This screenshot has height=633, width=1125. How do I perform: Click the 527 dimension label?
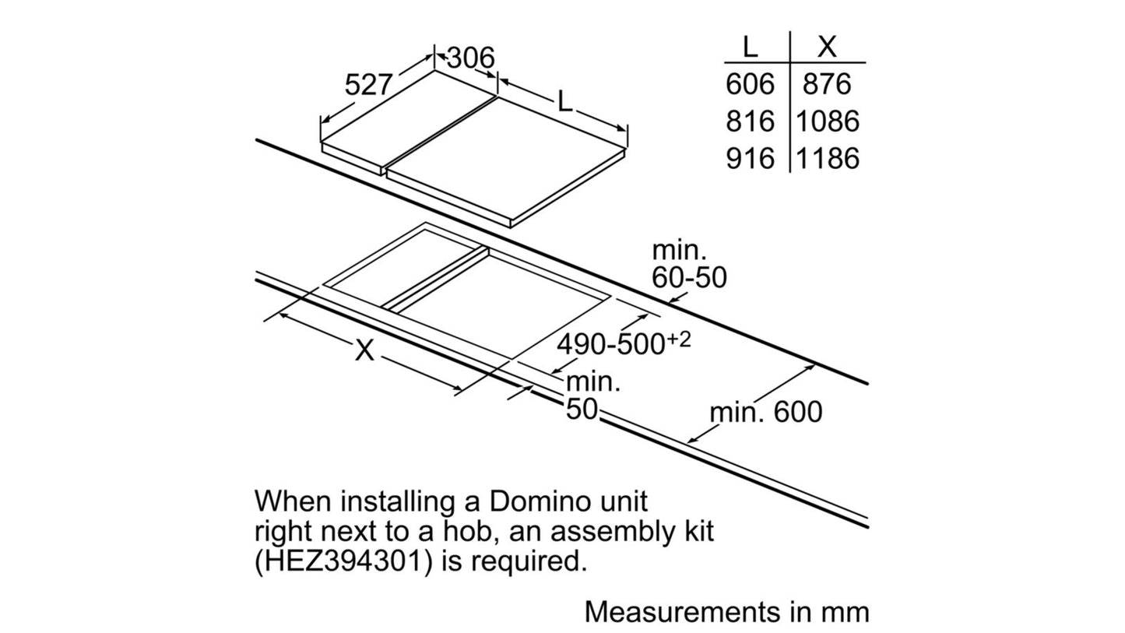click(x=368, y=84)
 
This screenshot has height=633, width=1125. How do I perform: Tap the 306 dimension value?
click(x=470, y=58)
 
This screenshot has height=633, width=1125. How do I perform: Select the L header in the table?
click(x=750, y=47)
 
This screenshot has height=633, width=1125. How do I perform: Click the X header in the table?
click(x=827, y=47)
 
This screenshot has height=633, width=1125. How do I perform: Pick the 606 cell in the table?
click(x=750, y=83)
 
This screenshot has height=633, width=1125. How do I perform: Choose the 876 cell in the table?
click(x=827, y=83)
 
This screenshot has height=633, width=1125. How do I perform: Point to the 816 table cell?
click(x=750, y=121)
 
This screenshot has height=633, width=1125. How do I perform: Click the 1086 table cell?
click(x=828, y=121)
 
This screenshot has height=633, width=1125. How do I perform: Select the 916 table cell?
click(x=750, y=158)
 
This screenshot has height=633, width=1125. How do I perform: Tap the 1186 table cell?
click(x=828, y=158)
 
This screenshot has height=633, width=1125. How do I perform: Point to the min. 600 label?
click(x=766, y=412)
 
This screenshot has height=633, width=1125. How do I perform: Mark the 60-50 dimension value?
click(x=689, y=277)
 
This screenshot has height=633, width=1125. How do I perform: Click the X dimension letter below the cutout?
click(x=364, y=350)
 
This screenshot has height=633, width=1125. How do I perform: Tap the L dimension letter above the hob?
click(x=564, y=103)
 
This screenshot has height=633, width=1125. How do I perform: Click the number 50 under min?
click(x=582, y=409)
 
